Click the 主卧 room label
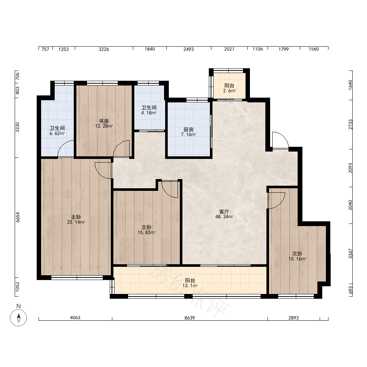[x=76, y=217]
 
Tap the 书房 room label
[x=104, y=121]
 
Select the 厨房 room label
[x=188, y=130]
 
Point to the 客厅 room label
[x=224, y=212]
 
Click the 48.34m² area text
[x=224, y=217]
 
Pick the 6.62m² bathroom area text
[x=57, y=134]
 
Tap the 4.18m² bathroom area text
[x=149, y=113]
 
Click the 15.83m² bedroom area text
[x=146, y=232]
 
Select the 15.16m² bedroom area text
[x=297, y=259]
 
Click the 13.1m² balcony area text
[x=190, y=286]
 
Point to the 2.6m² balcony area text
[x=229, y=91]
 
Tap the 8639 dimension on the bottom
[x=190, y=317]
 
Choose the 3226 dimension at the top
[x=104, y=49]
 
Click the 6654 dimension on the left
[x=18, y=217]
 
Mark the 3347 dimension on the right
[x=350, y=254]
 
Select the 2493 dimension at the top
[x=189, y=49]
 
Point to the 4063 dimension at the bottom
[x=75, y=317]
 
